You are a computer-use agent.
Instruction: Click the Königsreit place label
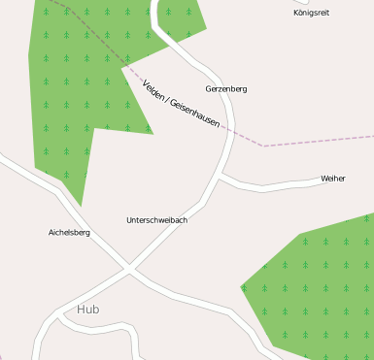click(x=311, y=13)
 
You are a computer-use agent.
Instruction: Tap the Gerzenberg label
click(x=226, y=88)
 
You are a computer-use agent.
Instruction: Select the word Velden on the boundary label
click(x=153, y=90)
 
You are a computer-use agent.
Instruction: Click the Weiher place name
click(x=333, y=179)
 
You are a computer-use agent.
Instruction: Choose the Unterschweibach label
click(x=156, y=220)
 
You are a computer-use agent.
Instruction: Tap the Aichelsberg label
click(x=69, y=233)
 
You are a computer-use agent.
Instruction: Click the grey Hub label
click(x=87, y=310)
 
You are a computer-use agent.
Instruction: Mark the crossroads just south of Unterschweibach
click(x=129, y=268)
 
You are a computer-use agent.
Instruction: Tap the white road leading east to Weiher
click(x=277, y=184)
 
